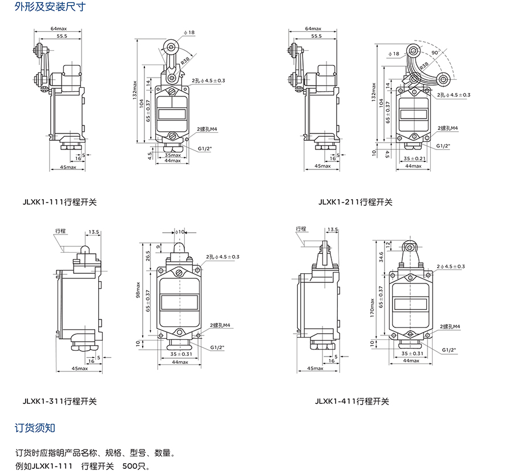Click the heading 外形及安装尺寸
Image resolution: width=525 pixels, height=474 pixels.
coord(50,7)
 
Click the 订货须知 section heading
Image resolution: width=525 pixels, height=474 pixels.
coord(35,428)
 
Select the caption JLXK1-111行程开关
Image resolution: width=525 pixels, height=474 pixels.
coord(59,202)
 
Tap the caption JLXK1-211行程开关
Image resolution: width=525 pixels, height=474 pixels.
coord(356,202)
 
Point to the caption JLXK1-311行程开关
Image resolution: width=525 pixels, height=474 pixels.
coord(59,401)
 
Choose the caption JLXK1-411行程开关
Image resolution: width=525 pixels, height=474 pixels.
coord(352,401)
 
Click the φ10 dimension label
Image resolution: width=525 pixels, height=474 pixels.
coord(180,232)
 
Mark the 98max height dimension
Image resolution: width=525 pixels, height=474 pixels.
coord(138,290)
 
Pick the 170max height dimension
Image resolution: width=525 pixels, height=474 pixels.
coord(372,308)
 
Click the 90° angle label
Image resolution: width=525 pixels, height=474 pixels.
coord(435,52)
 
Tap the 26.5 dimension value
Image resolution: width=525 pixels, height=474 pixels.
coord(148,257)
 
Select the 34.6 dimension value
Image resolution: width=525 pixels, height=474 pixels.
coord(381,257)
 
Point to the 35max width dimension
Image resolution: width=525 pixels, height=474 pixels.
coord(173,155)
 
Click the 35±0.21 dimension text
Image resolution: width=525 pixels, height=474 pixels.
coord(415,159)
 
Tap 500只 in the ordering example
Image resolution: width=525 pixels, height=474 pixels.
coord(136,466)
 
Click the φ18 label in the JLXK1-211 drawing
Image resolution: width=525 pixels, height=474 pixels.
coord(394,54)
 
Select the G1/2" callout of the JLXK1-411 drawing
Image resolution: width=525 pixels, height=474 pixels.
coord(449,350)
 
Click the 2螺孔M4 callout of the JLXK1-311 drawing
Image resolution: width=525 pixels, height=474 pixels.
coord(220,325)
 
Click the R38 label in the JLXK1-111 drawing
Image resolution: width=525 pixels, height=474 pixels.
coord(185,60)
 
